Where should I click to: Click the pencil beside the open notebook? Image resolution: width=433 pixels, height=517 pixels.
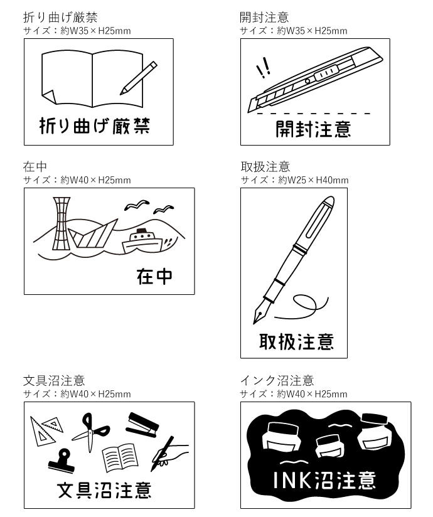click(139, 78)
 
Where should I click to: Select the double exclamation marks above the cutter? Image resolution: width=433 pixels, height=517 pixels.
click(264, 68)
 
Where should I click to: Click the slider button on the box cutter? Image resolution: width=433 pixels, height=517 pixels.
click(326, 73)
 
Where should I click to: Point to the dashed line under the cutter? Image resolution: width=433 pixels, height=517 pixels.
click(314, 114)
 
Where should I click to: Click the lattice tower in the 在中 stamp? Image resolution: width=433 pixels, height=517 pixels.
click(61, 223)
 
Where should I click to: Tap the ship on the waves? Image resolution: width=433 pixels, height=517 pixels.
click(142, 242)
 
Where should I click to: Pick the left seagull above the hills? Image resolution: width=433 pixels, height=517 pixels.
click(137, 205)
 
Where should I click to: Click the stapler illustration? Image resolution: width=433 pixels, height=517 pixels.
click(142, 425)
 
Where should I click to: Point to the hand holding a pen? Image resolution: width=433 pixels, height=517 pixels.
click(169, 454)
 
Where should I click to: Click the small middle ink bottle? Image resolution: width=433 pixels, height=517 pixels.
click(330, 445)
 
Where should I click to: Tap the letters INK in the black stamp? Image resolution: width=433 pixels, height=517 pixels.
click(292, 480)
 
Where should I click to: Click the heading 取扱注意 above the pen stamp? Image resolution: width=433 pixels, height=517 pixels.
click(265, 166)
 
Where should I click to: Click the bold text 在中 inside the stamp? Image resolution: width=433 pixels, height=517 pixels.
click(154, 276)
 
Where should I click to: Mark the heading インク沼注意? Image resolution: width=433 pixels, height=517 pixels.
click(277, 380)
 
